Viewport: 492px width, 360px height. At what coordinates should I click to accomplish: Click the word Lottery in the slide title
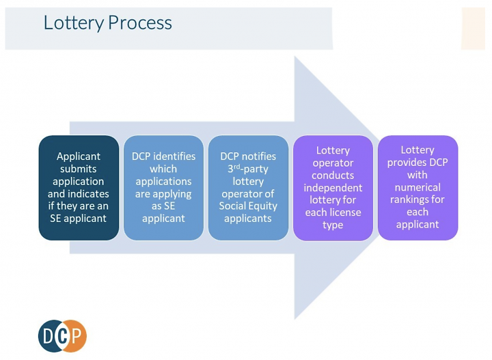click(74, 23)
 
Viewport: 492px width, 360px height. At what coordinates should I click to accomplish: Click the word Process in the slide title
click(140, 23)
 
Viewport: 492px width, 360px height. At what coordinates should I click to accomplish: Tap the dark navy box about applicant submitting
click(79, 188)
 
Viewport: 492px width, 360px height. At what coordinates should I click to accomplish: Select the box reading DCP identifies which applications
click(163, 188)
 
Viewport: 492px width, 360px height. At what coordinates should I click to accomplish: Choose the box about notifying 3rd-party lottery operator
click(248, 188)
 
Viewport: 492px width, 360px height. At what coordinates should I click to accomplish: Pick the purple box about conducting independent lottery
click(333, 188)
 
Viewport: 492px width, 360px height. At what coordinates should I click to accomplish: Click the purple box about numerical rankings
click(418, 188)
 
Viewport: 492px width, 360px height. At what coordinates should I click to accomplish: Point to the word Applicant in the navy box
click(79, 156)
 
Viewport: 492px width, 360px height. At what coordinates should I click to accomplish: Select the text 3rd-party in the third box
click(248, 169)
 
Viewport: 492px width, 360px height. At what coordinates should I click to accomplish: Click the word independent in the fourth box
click(333, 188)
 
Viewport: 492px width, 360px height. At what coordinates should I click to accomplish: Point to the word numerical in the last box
click(418, 187)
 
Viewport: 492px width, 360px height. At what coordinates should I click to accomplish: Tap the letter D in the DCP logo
click(49, 336)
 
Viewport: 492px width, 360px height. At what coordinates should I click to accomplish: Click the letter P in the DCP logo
click(77, 336)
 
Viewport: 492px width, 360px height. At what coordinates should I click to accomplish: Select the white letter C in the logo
click(63, 336)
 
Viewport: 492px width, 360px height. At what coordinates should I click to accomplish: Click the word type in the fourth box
click(333, 225)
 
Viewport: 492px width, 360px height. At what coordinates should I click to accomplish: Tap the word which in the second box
click(163, 169)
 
